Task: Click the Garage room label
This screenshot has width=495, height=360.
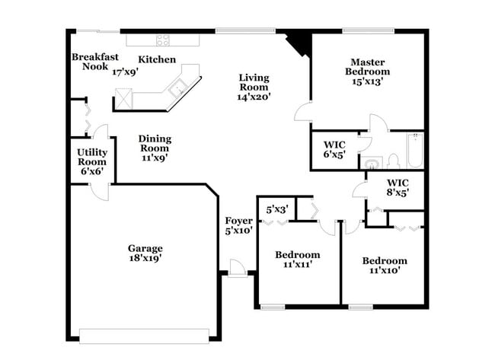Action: coord(145,248)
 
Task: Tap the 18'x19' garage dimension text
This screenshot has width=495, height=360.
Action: coord(145,259)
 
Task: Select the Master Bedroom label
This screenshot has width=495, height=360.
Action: coord(370,67)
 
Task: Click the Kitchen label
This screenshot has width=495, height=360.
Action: coord(157,59)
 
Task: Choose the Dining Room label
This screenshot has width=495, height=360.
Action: coord(155,144)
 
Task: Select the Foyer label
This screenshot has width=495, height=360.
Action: coord(238,221)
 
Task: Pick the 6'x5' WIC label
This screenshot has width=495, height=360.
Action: coord(335,149)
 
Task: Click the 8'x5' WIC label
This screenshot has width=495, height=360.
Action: coord(398,188)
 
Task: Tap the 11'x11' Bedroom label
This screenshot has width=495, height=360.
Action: coord(298,260)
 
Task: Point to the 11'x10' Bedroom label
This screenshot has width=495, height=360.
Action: coord(385,265)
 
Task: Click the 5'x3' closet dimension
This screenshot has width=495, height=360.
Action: coord(277,209)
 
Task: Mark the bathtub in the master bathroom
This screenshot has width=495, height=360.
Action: coord(415,151)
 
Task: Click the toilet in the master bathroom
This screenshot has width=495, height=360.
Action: coord(394,161)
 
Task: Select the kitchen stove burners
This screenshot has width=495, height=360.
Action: coord(163,40)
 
